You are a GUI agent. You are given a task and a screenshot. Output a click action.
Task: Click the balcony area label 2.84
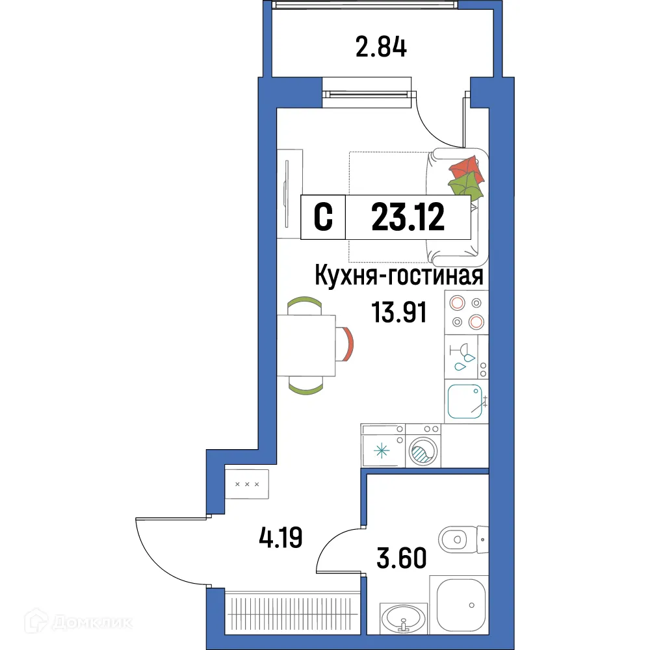pyautogui.click(x=382, y=47)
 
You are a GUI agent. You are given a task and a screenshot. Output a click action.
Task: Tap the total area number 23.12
pyautogui.click(x=408, y=217)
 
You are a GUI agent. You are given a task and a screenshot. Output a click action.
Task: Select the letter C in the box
pyautogui.click(x=324, y=217)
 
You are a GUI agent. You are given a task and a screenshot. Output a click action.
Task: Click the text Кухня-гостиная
pyautogui.click(x=398, y=277)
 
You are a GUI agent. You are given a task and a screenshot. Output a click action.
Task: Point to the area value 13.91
pyautogui.click(x=399, y=313)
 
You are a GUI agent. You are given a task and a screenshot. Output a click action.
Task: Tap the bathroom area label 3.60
pyautogui.click(x=402, y=557)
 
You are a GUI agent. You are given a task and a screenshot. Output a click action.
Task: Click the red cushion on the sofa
pyautogui.click(x=466, y=170)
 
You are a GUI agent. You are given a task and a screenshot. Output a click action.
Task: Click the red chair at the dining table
pyautogui.click(x=346, y=345)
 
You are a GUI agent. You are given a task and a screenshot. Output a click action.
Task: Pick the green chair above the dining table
pyautogui.click(x=304, y=304)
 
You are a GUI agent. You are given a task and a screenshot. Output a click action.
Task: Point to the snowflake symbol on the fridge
pyautogui.click(x=382, y=449)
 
